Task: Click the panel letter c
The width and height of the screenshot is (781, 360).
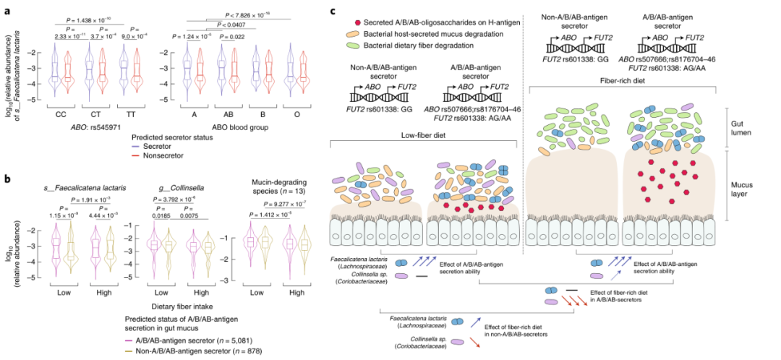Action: coord(333,12)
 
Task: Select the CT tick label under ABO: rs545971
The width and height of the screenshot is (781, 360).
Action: coord(90,113)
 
